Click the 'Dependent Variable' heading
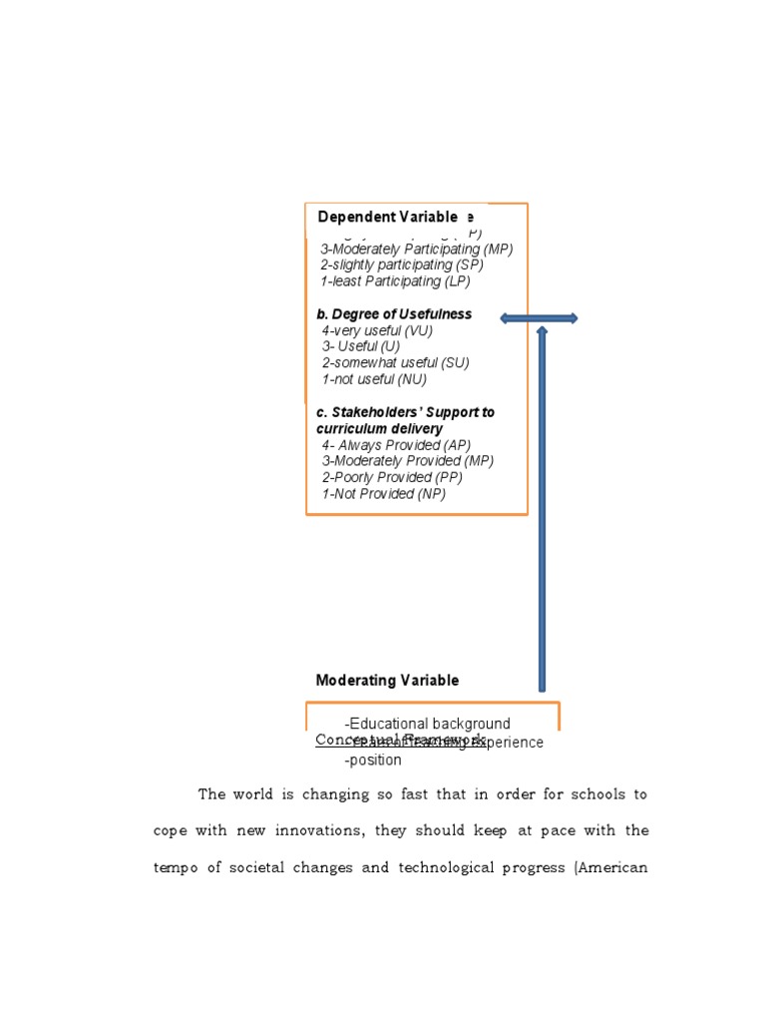tap(387, 217)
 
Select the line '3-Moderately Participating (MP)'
tap(416, 250)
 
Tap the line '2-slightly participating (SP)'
tap(401, 265)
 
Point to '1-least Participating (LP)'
tap(395, 281)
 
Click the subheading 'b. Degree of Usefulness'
tap(394, 314)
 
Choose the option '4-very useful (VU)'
tap(377, 330)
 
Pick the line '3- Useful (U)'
tap(361, 346)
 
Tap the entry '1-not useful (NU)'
tap(374, 379)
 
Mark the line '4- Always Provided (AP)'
tap(396, 445)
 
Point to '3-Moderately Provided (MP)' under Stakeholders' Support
tap(407, 461)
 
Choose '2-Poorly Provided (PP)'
tap(392, 477)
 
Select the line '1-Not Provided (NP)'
tap(383, 494)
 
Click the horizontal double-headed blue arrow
tap(539, 318)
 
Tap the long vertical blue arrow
tap(542, 509)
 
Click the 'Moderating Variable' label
tap(387, 681)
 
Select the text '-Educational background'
tap(427, 724)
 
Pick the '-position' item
tap(373, 761)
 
